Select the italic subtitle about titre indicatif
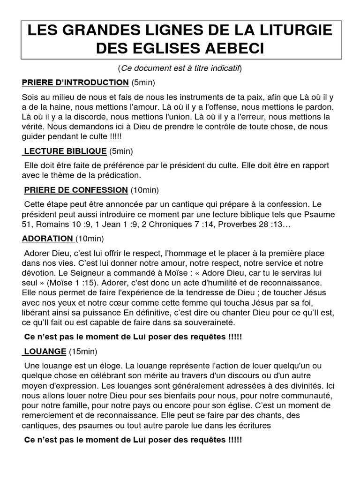click(180, 69)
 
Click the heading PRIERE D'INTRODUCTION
click(75, 83)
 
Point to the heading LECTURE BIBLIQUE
click(65, 150)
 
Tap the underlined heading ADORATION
click(47, 239)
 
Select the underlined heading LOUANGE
click(45, 351)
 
